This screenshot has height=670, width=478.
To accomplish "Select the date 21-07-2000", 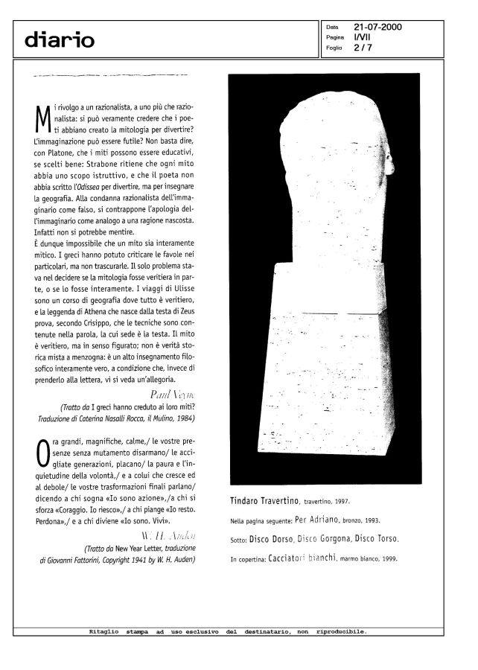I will click(377, 26).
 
